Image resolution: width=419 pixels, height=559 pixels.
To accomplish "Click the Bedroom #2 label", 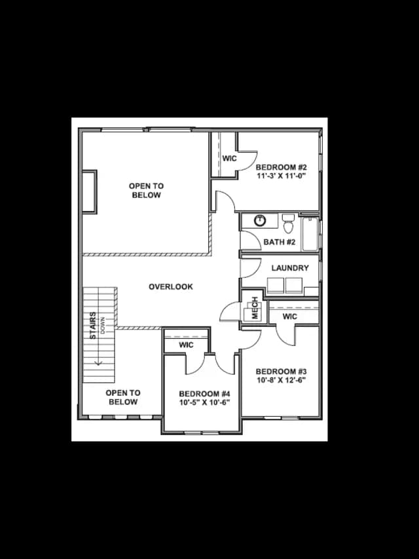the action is pyautogui.click(x=281, y=167).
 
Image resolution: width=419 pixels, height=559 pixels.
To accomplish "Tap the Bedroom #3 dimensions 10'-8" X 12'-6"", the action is pyautogui.click(x=282, y=380).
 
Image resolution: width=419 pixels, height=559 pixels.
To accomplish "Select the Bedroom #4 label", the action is pyautogui.click(x=204, y=394).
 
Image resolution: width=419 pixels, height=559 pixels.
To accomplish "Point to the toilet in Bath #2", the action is pyautogui.click(x=288, y=223).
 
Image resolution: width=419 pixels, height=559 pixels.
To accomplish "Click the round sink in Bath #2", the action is pyautogui.click(x=260, y=221).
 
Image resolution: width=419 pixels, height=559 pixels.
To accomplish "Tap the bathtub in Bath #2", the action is pyautogui.click(x=310, y=233).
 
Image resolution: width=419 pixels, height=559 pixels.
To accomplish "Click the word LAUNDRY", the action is pyautogui.click(x=290, y=268).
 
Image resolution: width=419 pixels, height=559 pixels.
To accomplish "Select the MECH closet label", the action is pyautogui.click(x=255, y=307).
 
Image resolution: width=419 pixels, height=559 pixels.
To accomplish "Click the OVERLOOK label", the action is pyautogui.click(x=171, y=286).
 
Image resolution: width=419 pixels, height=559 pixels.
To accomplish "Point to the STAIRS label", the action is pyautogui.click(x=92, y=326).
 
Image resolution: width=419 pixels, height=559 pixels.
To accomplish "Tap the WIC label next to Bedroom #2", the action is pyautogui.click(x=229, y=159).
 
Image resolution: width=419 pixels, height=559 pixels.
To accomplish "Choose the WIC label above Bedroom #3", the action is pyautogui.click(x=289, y=317).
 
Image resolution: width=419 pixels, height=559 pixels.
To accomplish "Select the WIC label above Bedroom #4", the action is pyautogui.click(x=186, y=345).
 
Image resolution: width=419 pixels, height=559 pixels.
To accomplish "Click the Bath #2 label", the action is pyautogui.click(x=280, y=242).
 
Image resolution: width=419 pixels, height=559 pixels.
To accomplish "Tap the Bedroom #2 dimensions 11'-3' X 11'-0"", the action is pyautogui.click(x=282, y=176).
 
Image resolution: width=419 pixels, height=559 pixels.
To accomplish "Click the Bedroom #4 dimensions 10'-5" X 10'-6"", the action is pyautogui.click(x=204, y=402).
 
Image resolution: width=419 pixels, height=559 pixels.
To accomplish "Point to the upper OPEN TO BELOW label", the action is pyautogui.click(x=147, y=190).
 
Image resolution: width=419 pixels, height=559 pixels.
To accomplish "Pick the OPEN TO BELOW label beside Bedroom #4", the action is pyautogui.click(x=123, y=397).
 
